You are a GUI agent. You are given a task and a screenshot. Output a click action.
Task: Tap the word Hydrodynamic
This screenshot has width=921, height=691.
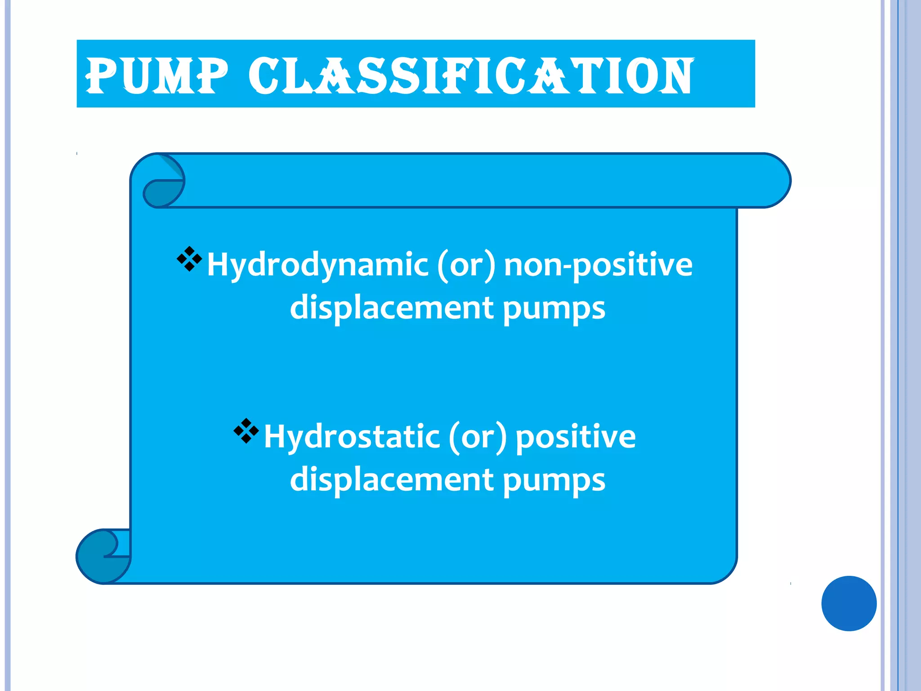point(317,265)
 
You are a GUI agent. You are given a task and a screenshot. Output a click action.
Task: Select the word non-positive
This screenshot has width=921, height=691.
point(598,265)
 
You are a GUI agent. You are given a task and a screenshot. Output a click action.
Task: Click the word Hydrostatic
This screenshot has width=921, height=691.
point(352,436)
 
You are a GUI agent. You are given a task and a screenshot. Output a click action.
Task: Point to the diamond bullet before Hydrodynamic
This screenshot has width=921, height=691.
point(189,259)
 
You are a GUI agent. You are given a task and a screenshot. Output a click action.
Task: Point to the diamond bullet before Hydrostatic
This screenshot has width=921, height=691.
point(246,431)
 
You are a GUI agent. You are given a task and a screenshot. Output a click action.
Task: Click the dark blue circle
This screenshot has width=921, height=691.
point(849,603)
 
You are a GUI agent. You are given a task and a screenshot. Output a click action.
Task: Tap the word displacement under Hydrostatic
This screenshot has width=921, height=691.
point(392,480)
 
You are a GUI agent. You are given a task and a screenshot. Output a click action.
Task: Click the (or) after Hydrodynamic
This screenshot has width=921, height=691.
point(466,265)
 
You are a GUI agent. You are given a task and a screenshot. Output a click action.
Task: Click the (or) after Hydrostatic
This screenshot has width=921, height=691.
point(478,437)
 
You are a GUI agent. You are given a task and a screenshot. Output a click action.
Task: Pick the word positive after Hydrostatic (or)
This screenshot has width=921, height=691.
point(576,437)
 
